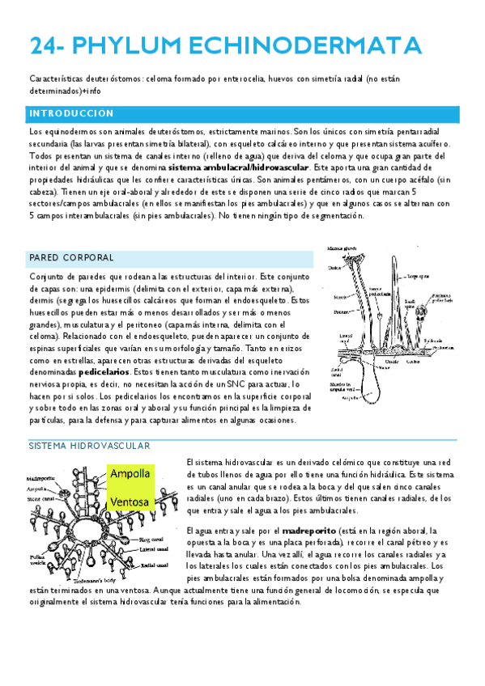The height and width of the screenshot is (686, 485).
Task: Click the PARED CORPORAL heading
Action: click(71, 257)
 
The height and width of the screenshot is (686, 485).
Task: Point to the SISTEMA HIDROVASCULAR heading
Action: click(89, 446)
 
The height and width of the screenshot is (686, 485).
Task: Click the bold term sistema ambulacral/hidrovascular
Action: click(239, 167)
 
